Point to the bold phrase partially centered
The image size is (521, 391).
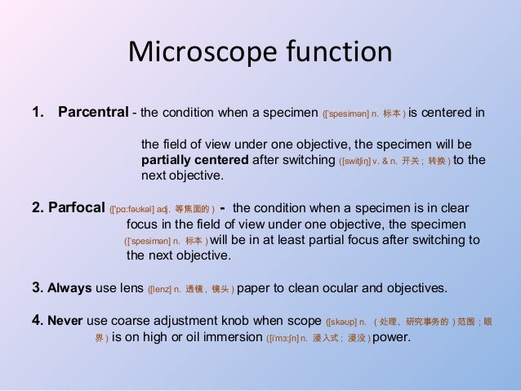196,159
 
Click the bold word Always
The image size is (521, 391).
71,288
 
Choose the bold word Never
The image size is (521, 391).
66,320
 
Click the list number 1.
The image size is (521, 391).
36,112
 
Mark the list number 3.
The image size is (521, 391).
36,288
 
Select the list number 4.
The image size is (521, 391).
36,320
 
